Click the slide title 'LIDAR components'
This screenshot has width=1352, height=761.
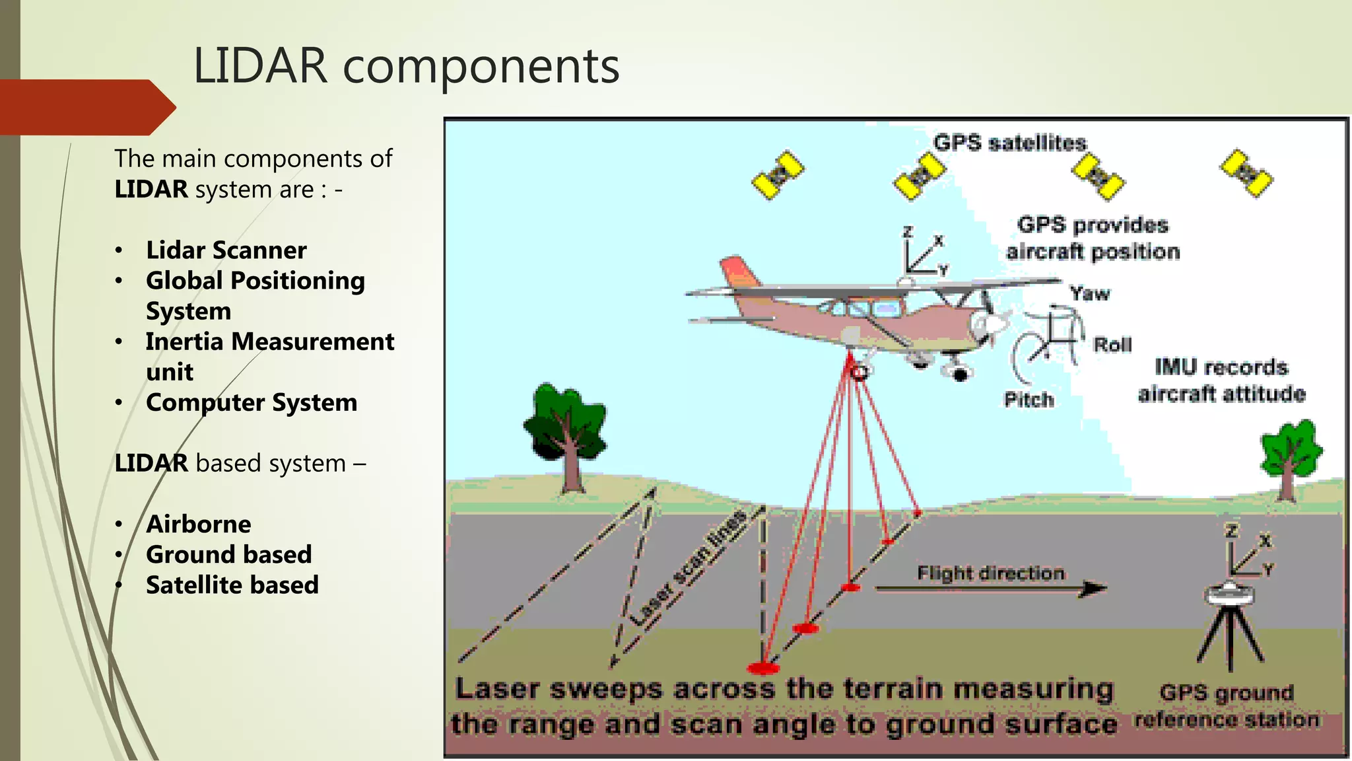[x=406, y=66]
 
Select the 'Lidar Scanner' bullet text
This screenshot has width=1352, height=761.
[x=226, y=250]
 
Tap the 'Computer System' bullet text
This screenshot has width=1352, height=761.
[x=251, y=402]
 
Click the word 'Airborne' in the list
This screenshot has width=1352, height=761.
[x=198, y=524]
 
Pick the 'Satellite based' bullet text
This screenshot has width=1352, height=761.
[x=232, y=585]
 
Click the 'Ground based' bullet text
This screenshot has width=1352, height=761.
[x=228, y=554]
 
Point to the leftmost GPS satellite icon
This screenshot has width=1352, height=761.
[x=778, y=175]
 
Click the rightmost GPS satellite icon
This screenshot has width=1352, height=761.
[x=1246, y=173]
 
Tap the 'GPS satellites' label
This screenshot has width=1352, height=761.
[x=1009, y=143]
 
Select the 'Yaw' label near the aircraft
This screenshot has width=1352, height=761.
[x=1090, y=293]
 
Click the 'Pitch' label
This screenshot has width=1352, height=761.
[x=1029, y=399]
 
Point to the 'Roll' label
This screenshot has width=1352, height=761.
[x=1112, y=344]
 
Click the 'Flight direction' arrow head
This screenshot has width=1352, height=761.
[x=1094, y=588]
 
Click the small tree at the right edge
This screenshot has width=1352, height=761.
[x=1289, y=456]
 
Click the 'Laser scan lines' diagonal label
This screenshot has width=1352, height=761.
[x=688, y=568]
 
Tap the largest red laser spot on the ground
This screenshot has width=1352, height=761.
[x=763, y=668]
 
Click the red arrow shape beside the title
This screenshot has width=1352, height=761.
[x=86, y=107]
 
